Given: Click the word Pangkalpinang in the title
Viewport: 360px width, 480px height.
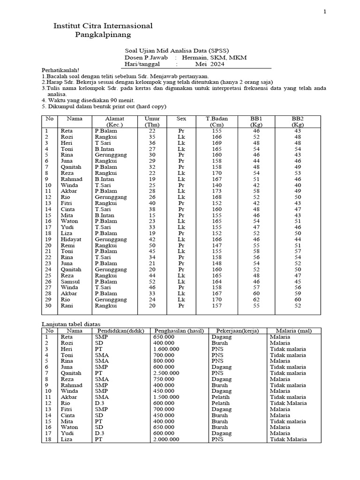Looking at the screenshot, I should click(103, 35).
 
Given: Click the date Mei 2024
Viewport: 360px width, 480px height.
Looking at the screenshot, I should click(210, 64).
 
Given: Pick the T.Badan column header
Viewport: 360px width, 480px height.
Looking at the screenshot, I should click(217, 119).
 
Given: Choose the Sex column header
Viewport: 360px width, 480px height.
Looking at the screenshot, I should click(181, 119).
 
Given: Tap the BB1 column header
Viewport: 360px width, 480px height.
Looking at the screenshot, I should click(256, 119).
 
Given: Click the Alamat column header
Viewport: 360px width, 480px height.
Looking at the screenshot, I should click(114, 119).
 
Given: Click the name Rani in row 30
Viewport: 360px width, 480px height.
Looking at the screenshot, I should click(67, 305).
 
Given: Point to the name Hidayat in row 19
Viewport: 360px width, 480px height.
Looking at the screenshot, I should click(70, 239).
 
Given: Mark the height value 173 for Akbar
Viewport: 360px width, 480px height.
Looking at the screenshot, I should click(217, 191).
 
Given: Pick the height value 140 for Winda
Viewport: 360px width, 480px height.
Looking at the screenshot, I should click(217, 185).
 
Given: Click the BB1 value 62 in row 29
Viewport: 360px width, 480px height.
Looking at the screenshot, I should click(256, 299).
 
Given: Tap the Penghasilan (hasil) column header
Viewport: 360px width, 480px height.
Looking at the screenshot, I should click(178, 330).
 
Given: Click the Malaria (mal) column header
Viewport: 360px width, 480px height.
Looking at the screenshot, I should click(294, 330).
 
